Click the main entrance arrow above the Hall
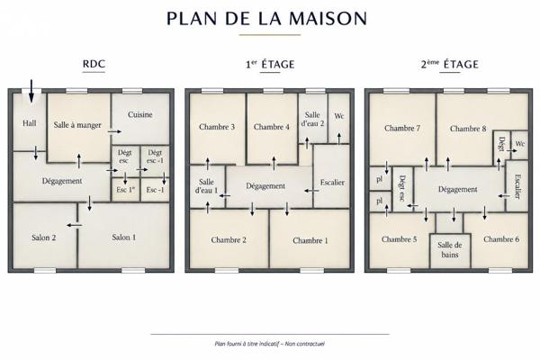pyautogui.click(x=31, y=91)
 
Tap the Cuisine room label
pyautogui.click(x=139, y=114)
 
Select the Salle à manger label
pyautogui.click(x=77, y=125)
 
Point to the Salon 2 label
pyautogui.click(x=44, y=238)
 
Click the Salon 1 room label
pyautogui.click(x=123, y=237)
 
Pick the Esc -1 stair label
pyautogui.click(x=155, y=190)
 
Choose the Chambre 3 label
pyautogui.click(x=217, y=127)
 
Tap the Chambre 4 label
pyautogui.click(x=272, y=127)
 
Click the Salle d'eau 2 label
pyautogui.click(x=312, y=119)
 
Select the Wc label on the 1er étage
pyautogui.click(x=339, y=116)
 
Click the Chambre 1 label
pyautogui.click(x=310, y=240)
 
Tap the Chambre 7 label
pyautogui.click(x=402, y=128)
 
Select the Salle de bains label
pyautogui.click(x=450, y=250)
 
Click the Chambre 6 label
pyautogui.click(x=501, y=239)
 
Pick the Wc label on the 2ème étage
pyautogui.click(x=520, y=143)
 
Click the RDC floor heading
pyautogui.click(x=94, y=64)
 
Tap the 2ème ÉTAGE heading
pyautogui.click(x=449, y=64)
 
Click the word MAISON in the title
pyautogui.click(x=328, y=19)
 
